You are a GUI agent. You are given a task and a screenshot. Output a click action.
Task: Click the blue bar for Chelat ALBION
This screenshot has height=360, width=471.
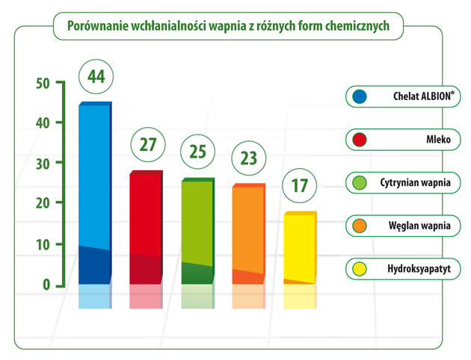coord(95,193)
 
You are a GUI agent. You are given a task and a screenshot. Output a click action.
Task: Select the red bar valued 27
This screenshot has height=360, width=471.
coord(147,227)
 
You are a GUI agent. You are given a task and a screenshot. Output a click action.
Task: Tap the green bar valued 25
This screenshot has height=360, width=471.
coord(198,231)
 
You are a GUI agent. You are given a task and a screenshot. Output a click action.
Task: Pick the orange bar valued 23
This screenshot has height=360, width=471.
coord(249,234)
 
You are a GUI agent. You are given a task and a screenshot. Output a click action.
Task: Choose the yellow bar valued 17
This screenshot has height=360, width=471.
coord(301,247)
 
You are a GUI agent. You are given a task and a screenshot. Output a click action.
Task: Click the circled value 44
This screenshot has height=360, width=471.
coord(96,76)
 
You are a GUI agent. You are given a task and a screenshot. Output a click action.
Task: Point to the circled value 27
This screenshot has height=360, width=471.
coord(148,144)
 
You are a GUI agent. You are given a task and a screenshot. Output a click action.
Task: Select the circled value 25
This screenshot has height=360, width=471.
coord(197,152)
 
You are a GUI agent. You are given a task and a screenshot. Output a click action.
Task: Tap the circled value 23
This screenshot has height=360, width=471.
coord(249,158)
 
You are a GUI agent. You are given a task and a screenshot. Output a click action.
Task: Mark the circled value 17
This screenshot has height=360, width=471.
coord(300,185)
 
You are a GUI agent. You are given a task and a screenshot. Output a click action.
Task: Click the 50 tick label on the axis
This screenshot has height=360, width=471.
coord(43,84)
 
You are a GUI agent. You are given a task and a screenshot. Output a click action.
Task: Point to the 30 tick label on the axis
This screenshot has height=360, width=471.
coord(43,164)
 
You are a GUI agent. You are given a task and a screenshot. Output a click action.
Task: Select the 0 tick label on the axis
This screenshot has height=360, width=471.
coord(46,285)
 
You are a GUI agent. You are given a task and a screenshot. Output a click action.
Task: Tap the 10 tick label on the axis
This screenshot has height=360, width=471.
coord(43,244)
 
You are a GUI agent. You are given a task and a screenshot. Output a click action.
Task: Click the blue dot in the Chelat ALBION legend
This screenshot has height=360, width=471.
coord(360,96)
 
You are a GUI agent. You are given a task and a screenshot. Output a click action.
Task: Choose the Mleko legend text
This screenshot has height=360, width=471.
coord(438,140)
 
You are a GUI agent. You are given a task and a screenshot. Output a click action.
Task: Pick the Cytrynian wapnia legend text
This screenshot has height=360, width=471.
coord(415,183)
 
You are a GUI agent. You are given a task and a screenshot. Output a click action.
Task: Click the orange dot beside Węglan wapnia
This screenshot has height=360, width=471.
coord(360,226)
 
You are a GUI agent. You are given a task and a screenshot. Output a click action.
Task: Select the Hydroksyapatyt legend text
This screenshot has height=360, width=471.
coord(419,269)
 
